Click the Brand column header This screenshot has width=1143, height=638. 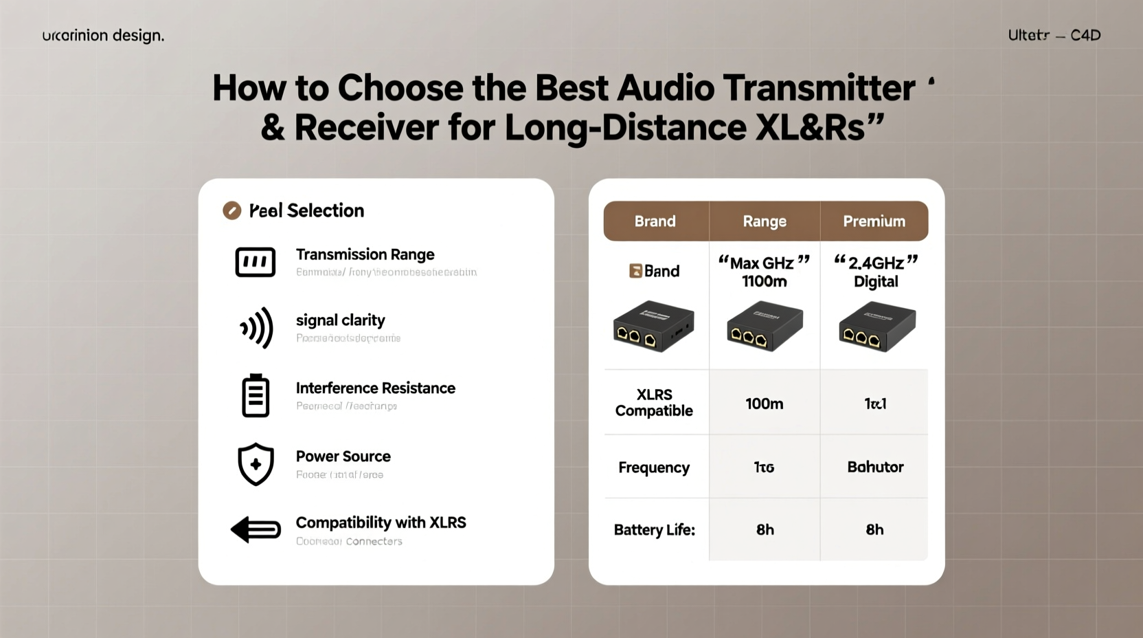coord(655,221)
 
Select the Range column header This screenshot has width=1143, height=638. coord(764,221)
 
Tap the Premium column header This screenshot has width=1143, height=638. coord(874,221)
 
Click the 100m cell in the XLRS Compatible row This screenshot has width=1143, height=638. coord(764,404)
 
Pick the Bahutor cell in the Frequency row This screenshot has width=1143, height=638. coord(874,467)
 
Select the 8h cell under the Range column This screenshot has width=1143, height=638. coord(765,529)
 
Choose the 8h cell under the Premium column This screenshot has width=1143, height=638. coord(874,529)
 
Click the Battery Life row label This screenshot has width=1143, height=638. coord(654,529)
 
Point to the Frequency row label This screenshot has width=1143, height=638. coord(653,467)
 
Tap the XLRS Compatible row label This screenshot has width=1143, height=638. coord(654,403)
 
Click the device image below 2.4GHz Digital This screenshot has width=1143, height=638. coord(877,327)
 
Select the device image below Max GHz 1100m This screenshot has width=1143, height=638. coord(765,327)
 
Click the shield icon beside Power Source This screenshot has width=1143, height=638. coord(256,464)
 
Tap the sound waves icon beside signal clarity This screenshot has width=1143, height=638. coord(257,328)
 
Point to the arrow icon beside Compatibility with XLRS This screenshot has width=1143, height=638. coord(256,529)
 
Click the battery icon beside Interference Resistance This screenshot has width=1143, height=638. coord(256,396)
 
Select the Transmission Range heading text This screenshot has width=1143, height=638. coord(365,254)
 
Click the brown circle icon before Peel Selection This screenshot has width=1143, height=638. coord(232,210)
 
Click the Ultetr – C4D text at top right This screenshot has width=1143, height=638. coord(1054,35)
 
